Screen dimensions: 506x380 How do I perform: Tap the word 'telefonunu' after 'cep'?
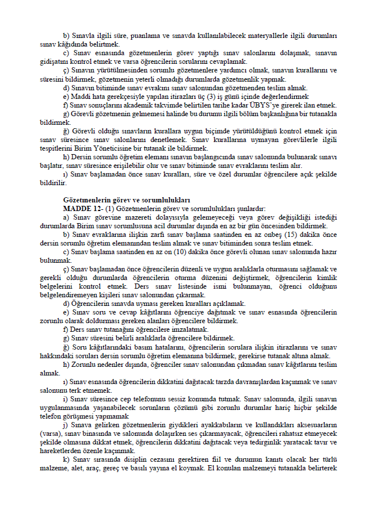(159, 398)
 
